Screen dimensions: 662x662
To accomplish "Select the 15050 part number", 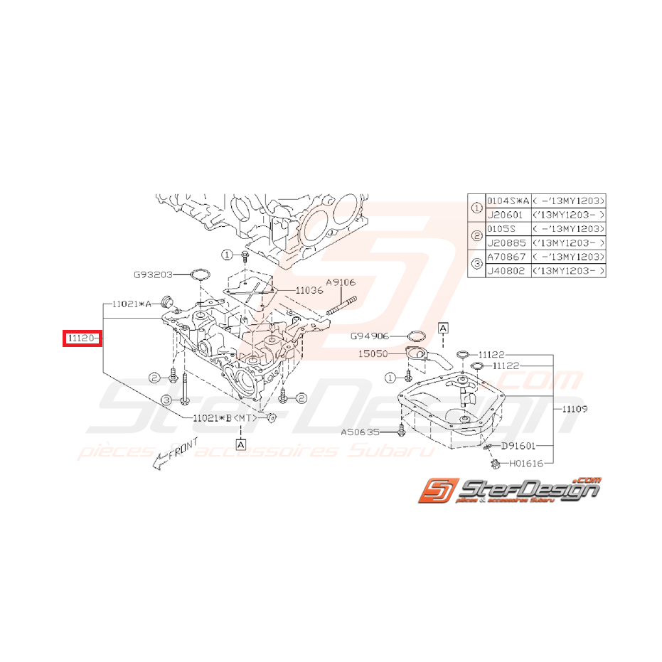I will point(374,353).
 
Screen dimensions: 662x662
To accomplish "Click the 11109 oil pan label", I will point(575,410).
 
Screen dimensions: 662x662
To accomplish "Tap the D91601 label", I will point(519,446).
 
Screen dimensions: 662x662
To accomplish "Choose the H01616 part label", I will point(527,463).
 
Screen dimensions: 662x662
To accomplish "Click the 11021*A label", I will point(129,304).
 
